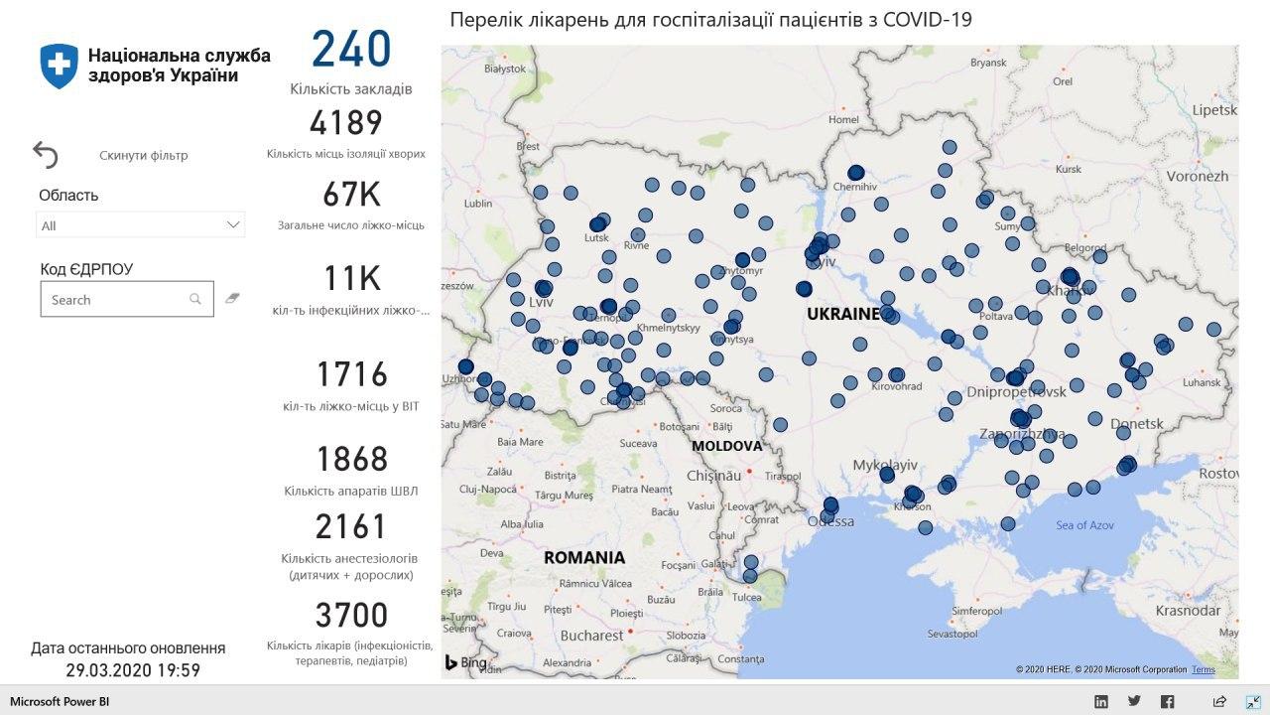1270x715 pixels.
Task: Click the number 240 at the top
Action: click(x=351, y=50)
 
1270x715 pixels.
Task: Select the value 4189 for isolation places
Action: click(x=345, y=123)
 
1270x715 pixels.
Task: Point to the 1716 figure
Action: click(x=351, y=374)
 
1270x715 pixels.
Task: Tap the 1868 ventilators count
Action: click(x=351, y=460)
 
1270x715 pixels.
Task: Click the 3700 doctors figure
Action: click(x=351, y=616)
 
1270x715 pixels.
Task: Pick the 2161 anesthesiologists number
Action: click(x=351, y=526)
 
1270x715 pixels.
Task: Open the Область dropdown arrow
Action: click(x=233, y=225)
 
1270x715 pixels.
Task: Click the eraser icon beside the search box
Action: click(x=232, y=298)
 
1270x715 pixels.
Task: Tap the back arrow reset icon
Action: click(x=46, y=155)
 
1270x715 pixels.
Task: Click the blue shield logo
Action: click(x=59, y=65)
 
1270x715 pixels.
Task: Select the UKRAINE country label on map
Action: click(x=842, y=314)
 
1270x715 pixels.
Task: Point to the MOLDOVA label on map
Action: click(x=726, y=446)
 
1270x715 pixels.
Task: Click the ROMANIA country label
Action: click(x=584, y=557)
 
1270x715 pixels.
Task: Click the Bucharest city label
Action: click(x=590, y=635)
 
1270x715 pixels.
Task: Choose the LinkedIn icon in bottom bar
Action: click(x=1100, y=701)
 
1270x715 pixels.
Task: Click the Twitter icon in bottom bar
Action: click(x=1134, y=701)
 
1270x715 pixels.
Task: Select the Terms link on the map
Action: click(x=1203, y=669)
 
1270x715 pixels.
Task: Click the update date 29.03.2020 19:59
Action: click(x=133, y=670)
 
